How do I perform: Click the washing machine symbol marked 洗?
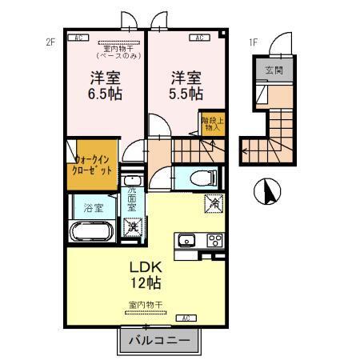tap(131, 227)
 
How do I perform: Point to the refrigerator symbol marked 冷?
tap(214, 204)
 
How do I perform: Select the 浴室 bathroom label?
tap(94, 208)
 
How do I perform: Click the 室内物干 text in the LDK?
tap(146, 305)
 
